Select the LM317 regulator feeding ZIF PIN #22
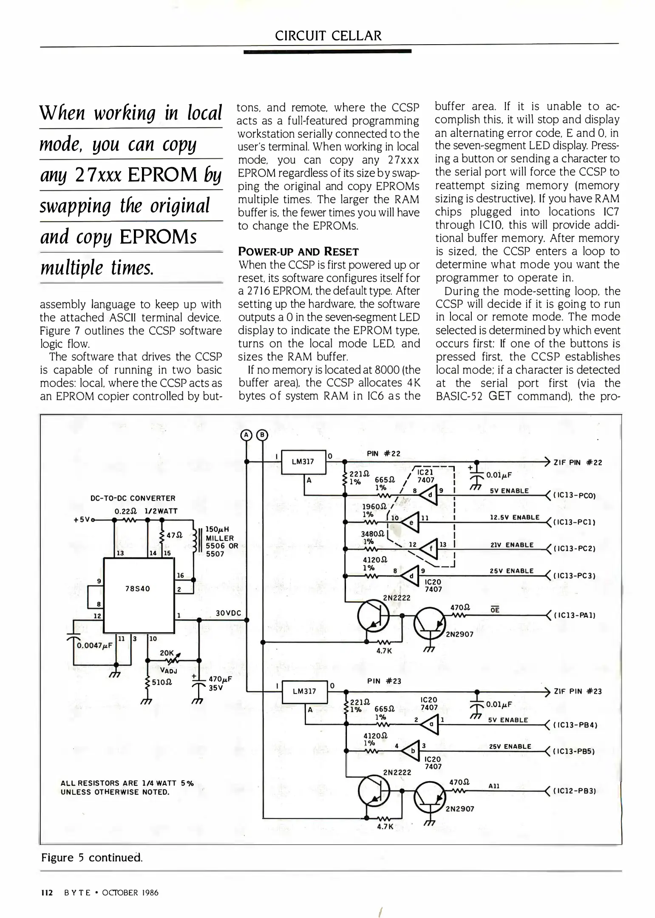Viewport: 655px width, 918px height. (303, 462)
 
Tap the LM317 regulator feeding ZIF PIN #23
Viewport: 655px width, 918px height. (305, 691)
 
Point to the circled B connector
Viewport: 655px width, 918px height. (262, 435)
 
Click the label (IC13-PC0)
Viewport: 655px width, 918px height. (574, 496)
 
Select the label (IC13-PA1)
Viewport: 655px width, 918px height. (574, 615)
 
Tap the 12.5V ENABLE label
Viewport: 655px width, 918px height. (514, 517)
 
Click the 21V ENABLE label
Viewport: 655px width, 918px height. (512, 545)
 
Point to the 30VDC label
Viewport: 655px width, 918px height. (228, 613)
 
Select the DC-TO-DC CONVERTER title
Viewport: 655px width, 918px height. (133, 498)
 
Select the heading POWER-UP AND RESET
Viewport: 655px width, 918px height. (298, 252)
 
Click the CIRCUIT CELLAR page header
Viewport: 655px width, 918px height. (328, 36)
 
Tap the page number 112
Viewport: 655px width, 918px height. (46, 892)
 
